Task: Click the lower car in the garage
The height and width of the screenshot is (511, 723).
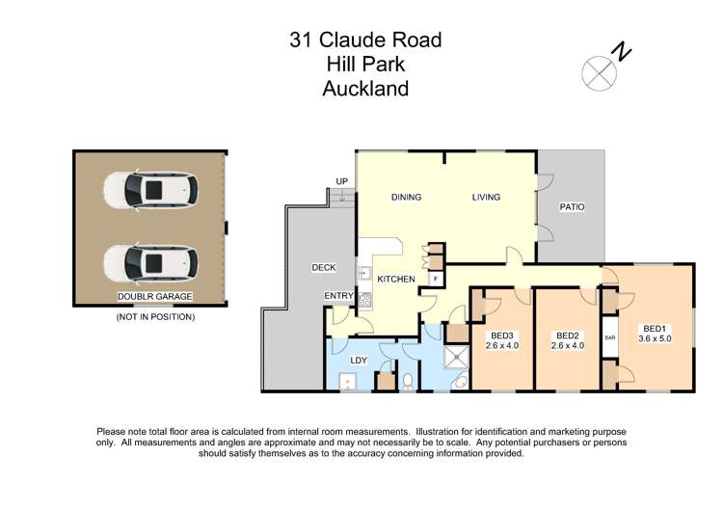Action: (151, 261)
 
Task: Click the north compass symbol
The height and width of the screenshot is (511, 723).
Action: (599, 70)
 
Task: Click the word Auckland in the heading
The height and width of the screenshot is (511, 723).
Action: (365, 89)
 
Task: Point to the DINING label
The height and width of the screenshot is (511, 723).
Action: (406, 198)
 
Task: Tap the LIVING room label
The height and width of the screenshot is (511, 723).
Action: (486, 198)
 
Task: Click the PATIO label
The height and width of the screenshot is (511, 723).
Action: (572, 206)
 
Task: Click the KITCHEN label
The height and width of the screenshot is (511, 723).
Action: (396, 280)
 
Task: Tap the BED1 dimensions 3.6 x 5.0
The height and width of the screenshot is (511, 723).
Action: (656, 348)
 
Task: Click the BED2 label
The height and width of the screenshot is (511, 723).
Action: (567, 336)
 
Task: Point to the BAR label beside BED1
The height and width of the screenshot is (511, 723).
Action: (609, 337)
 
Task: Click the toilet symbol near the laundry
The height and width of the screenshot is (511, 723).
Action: (408, 381)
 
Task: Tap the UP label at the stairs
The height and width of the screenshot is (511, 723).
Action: (341, 181)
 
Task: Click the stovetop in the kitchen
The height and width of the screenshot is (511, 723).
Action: (365, 301)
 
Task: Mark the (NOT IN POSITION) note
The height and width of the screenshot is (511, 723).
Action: (154, 316)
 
